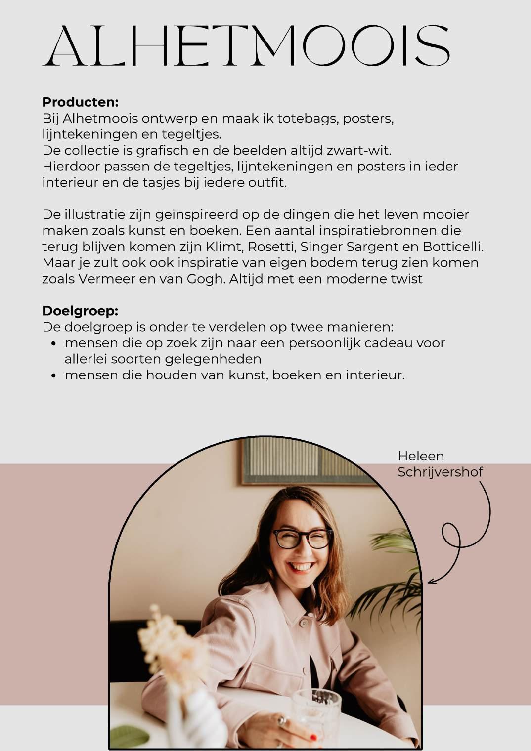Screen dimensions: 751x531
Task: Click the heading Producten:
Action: click(x=80, y=102)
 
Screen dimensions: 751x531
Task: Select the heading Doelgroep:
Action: click(x=80, y=311)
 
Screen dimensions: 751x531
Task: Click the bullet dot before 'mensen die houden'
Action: click(x=55, y=375)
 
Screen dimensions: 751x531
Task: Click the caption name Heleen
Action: click(x=421, y=456)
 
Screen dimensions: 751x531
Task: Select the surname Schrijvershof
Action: click(x=440, y=472)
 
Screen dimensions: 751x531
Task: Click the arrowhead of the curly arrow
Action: click(x=430, y=582)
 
